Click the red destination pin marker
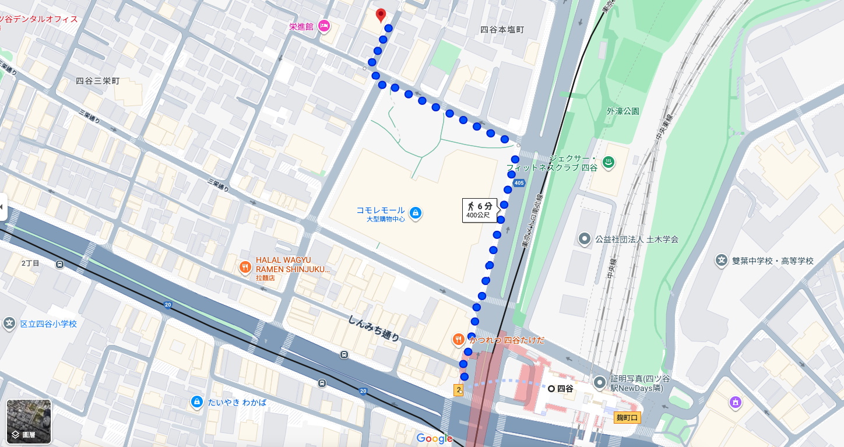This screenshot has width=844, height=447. (x=381, y=15)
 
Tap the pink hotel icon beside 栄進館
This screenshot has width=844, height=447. (x=324, y=26)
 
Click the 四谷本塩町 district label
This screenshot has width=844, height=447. (x=502, y=29)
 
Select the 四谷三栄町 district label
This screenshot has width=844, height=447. (x=97, y=81)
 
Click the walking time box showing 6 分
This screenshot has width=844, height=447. (x=480, y=210)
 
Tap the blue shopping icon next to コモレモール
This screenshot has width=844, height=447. (x=415, y=213)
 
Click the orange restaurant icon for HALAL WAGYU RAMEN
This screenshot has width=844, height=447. (x=245, y=268)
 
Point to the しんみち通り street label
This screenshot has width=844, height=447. (x=374, y=328)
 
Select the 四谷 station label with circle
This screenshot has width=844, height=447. (x=560, y=388)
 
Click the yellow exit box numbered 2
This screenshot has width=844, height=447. (x=458, y=390)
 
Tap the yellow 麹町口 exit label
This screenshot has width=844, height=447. (x=628, y=417)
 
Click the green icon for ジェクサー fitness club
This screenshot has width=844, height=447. (x=609, y=163)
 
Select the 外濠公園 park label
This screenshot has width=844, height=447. (x=623, y=111)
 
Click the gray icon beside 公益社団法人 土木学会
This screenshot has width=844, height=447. (x=584, y=239)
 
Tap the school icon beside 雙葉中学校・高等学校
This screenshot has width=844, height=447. (x=722, y=261)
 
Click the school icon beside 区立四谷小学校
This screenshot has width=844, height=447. (x=9, y=323)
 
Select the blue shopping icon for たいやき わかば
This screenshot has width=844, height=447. (x=197, y=402)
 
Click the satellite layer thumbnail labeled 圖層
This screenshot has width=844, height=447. (x=29, y=421)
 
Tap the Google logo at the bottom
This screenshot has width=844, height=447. (x=434, y=438)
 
